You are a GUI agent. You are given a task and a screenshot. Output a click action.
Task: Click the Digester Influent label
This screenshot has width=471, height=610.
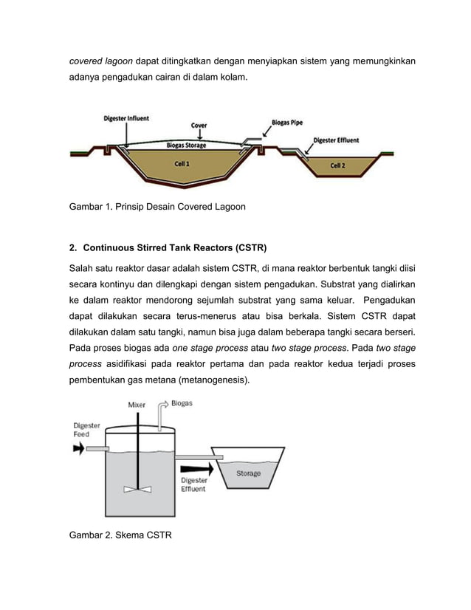(x=126, y=117)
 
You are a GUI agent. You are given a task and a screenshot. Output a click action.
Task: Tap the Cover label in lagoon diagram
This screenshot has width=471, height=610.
(x=199, y=126)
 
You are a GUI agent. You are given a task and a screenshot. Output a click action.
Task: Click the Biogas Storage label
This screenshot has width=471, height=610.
(x=185, y=146)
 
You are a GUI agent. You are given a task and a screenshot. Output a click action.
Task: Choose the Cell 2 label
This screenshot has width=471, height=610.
(x=337, y=166)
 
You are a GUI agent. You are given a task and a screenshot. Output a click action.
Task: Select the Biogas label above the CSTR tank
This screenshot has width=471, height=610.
(x=182, y=404)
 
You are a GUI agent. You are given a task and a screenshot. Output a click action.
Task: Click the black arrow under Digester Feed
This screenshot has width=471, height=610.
(x=78, y=449)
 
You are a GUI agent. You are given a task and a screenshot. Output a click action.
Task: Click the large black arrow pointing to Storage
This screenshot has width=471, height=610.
(x=193, y=467)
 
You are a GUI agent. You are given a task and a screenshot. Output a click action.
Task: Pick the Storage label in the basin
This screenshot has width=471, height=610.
(x=247, y=473)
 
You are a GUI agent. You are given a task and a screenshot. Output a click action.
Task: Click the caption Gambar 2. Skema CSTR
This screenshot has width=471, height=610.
(x=120, y=535)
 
